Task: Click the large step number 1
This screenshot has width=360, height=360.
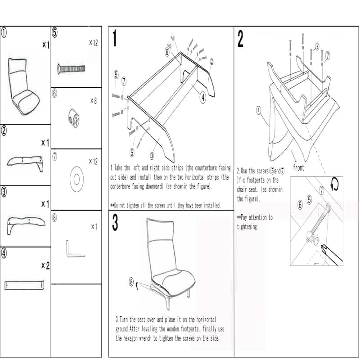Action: pos(115,39)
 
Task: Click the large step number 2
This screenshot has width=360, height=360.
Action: pos(240,39)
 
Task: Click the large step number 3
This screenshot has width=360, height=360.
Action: pos(115,223)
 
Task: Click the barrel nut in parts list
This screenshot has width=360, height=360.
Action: pos(74,118)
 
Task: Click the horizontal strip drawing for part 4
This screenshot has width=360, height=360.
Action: pos(24,285)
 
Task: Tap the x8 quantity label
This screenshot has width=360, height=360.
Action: pos(93,101)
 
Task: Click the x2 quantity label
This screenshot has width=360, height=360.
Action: pos(45,266)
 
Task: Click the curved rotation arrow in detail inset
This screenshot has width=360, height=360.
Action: pos(334,184)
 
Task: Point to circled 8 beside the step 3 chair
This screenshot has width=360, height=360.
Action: pos(131,283)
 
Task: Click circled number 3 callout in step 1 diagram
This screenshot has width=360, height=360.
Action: pos(153,155)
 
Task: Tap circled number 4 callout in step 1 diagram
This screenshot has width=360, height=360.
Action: pos(203,96)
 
